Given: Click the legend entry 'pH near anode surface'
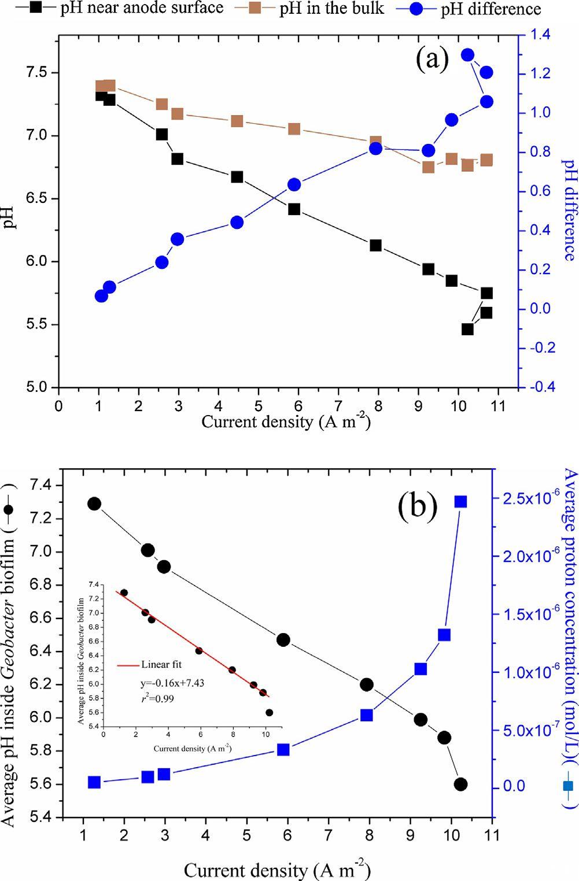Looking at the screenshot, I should (x=142, y=8).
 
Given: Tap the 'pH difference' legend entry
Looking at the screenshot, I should (x=491, y=10).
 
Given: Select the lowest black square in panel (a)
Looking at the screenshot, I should (x=467, y=329).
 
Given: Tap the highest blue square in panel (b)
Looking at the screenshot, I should (x=460, y=502).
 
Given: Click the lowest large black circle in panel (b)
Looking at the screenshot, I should (x=460, y=784).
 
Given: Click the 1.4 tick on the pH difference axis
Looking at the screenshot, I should (x=537, y=35).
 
